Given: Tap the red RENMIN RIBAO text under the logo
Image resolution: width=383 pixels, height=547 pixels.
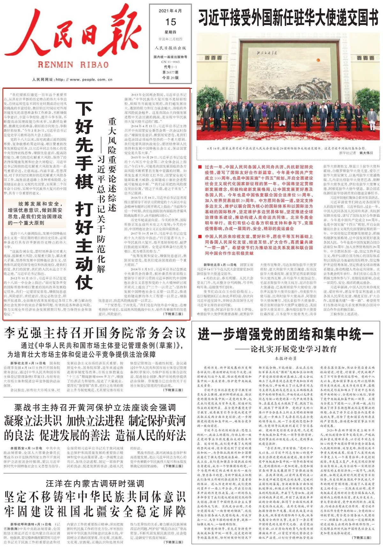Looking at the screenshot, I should point(73,64).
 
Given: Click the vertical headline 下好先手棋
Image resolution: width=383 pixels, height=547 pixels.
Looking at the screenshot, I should point(84,145).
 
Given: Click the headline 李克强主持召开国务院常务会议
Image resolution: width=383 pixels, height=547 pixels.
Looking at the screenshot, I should point(95,333).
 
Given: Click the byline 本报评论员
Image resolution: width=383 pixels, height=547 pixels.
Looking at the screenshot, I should point(286,358).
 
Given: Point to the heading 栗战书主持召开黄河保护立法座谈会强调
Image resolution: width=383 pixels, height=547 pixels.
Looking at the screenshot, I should point(95,408).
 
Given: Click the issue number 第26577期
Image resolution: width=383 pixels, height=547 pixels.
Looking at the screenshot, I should point(170,72).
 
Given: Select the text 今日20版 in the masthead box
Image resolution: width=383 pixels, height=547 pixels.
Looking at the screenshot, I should point(170,78).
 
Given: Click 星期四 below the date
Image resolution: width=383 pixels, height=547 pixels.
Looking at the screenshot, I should point(170,32).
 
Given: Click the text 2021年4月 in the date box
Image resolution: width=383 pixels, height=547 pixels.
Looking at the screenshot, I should point(170,11).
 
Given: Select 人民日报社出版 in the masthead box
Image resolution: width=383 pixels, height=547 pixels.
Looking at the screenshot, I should point(170,48).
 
